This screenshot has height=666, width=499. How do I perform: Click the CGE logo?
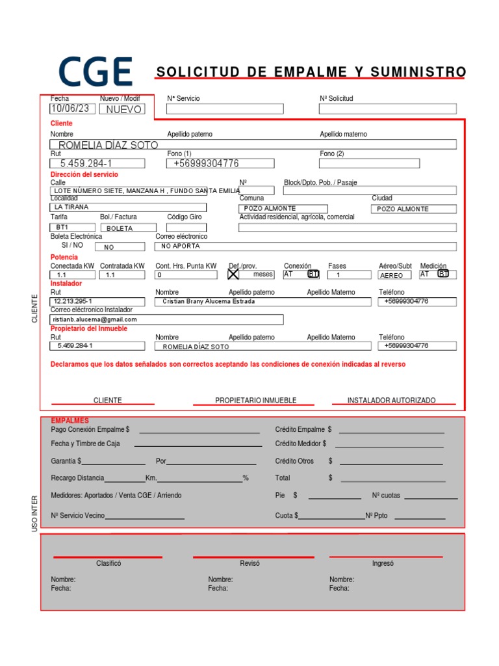click(96, 72)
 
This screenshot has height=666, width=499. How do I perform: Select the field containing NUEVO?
click(123, 109)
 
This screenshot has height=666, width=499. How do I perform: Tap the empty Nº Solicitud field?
click(387, 109)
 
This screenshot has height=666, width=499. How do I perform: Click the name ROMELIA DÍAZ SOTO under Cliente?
click(108, 145)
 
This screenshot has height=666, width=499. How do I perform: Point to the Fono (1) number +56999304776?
click(206, 163)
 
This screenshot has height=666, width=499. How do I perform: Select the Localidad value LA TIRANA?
click(71, 207)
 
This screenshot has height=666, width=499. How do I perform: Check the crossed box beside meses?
click(234, 274)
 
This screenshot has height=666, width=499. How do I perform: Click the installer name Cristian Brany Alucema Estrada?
click(209, 302)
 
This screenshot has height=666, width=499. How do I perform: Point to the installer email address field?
click(166, 319)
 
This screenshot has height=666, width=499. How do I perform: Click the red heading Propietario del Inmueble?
click(89, 328)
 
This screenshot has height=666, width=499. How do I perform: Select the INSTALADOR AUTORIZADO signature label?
click(391, 401)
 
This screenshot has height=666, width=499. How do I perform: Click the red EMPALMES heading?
click(70, 421)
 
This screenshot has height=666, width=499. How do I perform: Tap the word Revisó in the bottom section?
click(249, 563)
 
